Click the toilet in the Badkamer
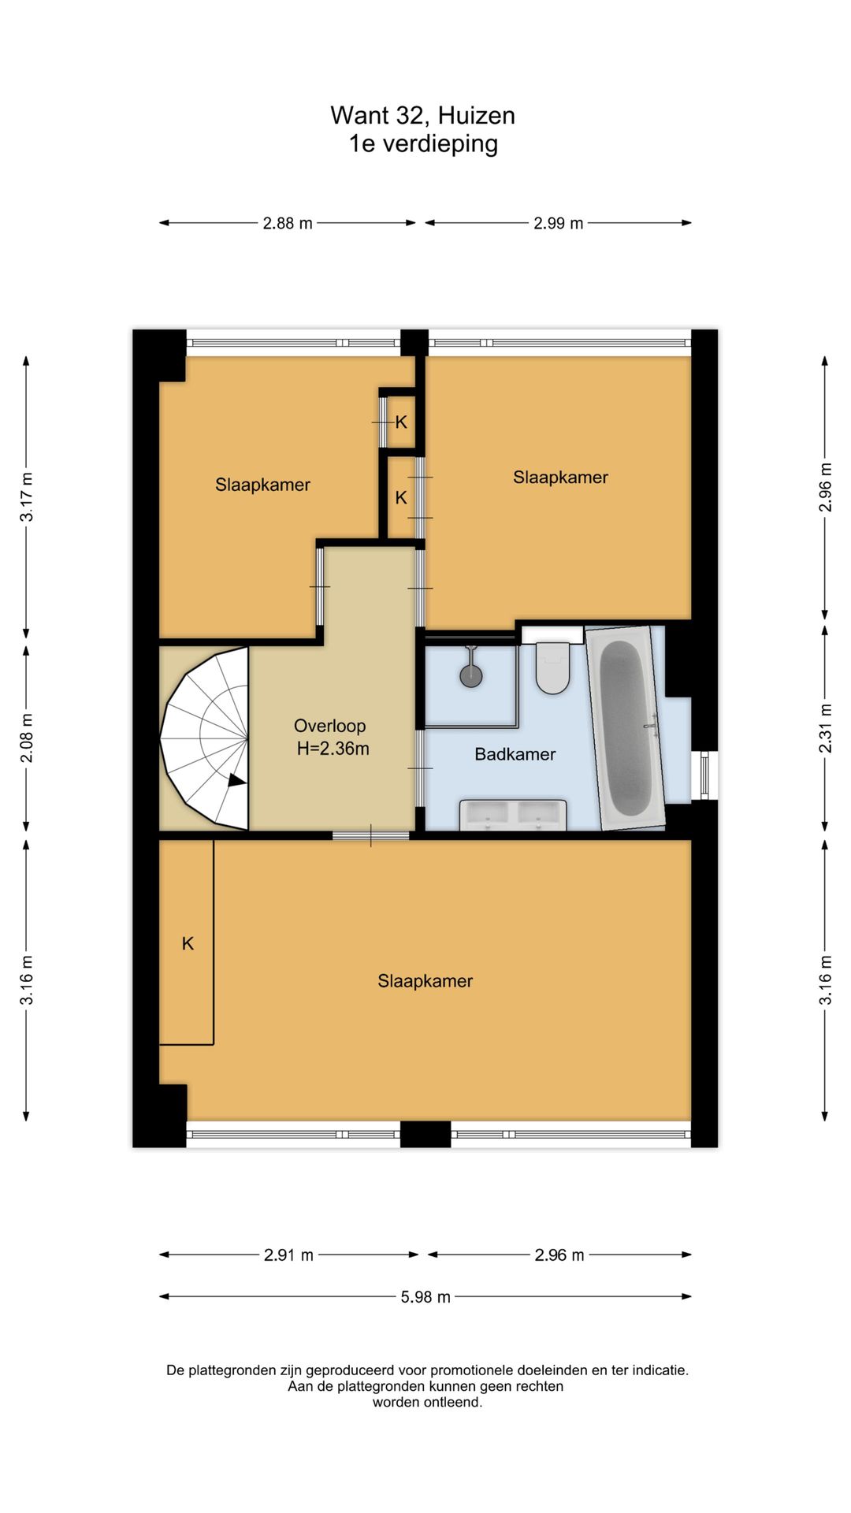tap(552, 667)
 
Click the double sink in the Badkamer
tap(513, 815)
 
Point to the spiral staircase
tap(204, 738)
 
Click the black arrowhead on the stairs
tap(236, 781)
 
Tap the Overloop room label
tap(329, 726)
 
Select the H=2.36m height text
tap(333, 749)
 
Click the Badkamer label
tap(515, 754)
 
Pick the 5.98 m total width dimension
tap(425, 1296)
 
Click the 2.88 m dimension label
tap(288, 223)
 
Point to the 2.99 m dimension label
tap(559, 223)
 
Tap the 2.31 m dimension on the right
tap(825, 727)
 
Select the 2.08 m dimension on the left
tap(26, 738)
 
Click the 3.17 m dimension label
tap(26, 496)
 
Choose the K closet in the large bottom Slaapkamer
tap(187, 942)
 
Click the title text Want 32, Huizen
tap(423, 115)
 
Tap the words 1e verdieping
tap(424, 143)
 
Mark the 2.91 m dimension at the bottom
tap(288, 1255)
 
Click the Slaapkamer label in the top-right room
tap(560, 477)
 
